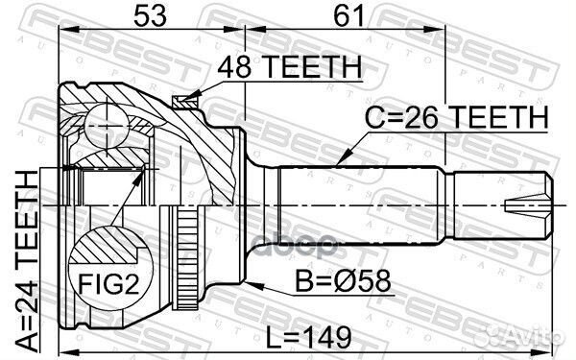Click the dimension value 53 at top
coord(150,15)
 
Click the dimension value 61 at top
coord(349,15)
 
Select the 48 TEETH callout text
coord(290,67)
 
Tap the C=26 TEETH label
coord(456,117)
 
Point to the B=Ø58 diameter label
coord(343,281)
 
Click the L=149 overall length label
coord(308,338)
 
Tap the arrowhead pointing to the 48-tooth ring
coord(193,95)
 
